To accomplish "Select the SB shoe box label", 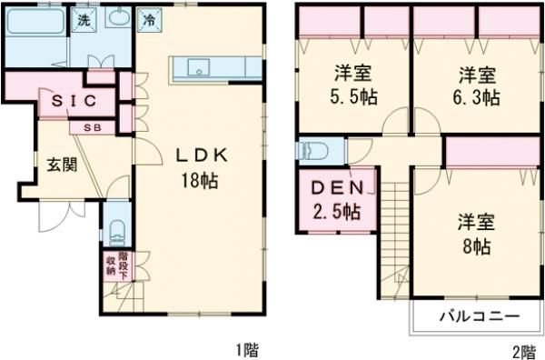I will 93,127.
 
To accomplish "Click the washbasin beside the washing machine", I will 117,19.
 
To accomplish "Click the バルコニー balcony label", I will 479,317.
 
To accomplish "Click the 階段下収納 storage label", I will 111,265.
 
